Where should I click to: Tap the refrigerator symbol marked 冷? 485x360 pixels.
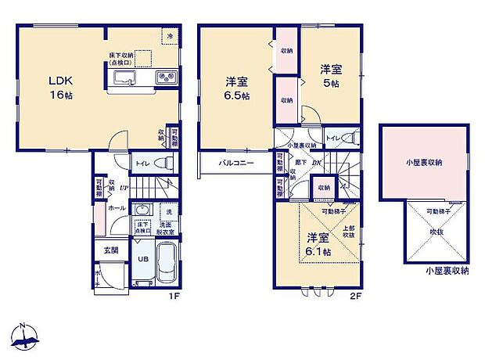pos(168,34)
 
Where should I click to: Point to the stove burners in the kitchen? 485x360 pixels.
pos(166,77)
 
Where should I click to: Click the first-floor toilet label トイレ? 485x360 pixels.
pos(142,164)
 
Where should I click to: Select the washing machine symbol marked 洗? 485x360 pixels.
pos(167,211)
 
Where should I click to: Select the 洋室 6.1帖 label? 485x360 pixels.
pos(317,244)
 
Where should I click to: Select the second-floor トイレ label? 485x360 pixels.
pos(333,137)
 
